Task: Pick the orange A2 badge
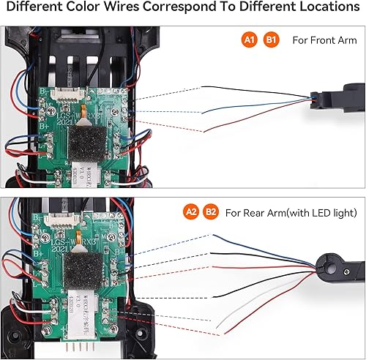[x=187, y=213]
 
